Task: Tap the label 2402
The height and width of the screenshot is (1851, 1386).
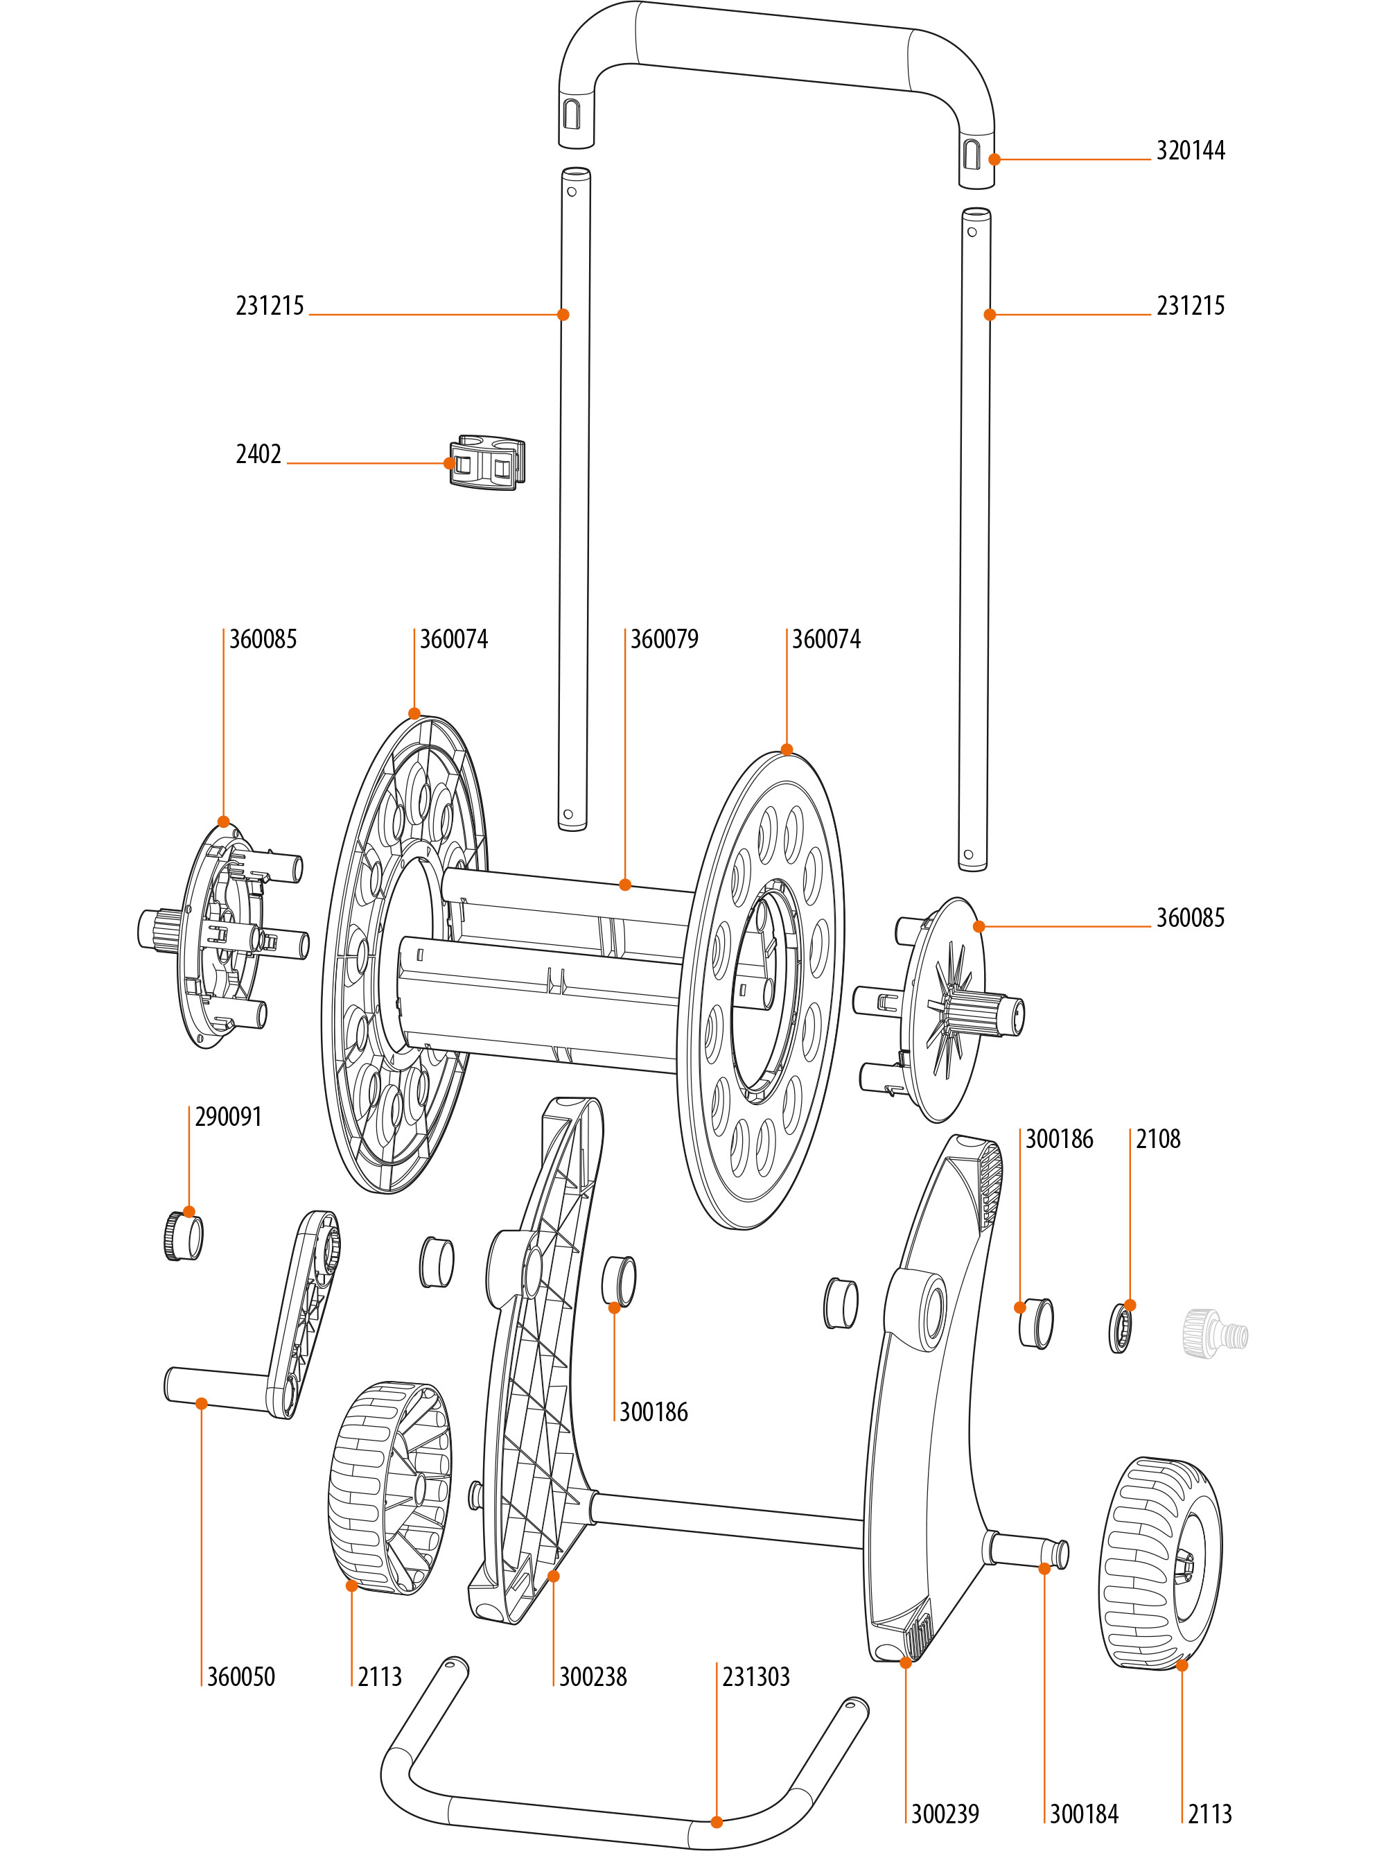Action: pos(258,454)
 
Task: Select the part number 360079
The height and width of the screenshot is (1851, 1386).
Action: pos(664,639)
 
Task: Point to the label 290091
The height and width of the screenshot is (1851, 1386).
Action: pos(229,1117)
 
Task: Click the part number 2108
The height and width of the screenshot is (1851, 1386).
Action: pos(1157,1139)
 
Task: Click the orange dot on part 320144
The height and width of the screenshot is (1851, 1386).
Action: pos(994,159)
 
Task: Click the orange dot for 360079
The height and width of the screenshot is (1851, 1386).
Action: pos(625,885)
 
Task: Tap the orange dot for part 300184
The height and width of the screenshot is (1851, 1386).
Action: pos(1044,1569)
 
